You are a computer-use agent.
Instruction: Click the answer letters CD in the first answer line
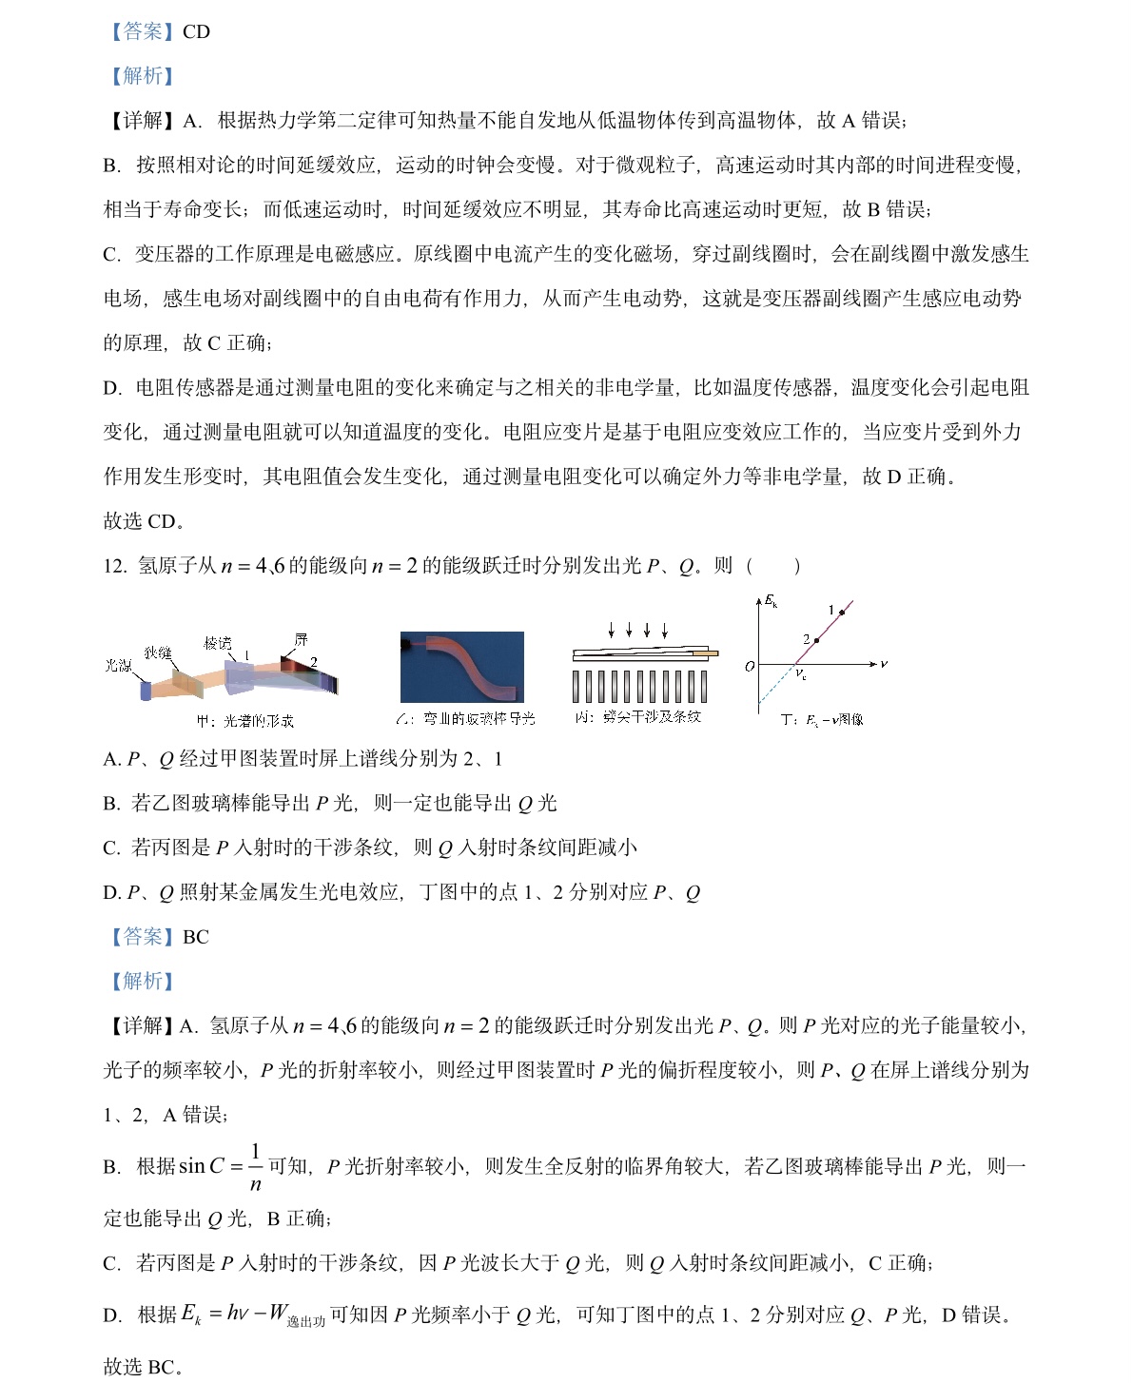tap(196, 31)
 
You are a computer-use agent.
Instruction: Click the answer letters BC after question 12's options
tap(195, 937)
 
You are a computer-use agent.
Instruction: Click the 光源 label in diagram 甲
tap(118, 666)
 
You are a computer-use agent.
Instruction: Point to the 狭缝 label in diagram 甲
tap(158, 653)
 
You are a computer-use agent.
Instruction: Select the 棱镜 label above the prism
tap(218, 643)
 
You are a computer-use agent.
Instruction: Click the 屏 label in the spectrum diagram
tap(301, 640)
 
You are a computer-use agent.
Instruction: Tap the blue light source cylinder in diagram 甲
tap(146, 690)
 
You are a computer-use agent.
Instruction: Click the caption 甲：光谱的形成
tap(245, 721)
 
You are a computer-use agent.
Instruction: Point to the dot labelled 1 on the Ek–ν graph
tap(841, 613)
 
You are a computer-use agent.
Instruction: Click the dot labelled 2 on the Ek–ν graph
tap(816, 640)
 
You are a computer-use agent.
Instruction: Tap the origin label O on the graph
tap(750, 667)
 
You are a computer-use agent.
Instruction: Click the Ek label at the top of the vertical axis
tap(771, 601)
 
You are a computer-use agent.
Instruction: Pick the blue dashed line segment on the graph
tap(774, 687)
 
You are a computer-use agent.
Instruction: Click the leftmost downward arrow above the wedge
tap(612, 630)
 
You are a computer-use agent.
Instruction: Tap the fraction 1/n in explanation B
tap(255, 1167)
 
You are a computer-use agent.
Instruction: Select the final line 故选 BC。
tap(143, 1367)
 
